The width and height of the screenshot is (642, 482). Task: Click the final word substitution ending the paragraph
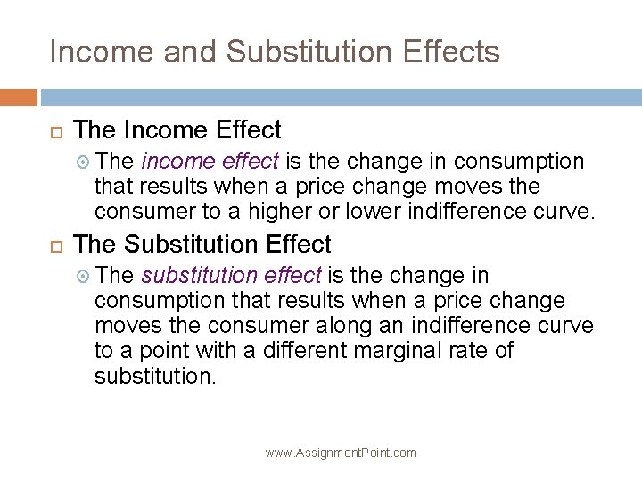pos(154,376)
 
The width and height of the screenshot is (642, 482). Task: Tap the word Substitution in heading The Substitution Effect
pos(185,244)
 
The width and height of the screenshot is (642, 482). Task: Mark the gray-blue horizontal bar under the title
pos(340,96)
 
